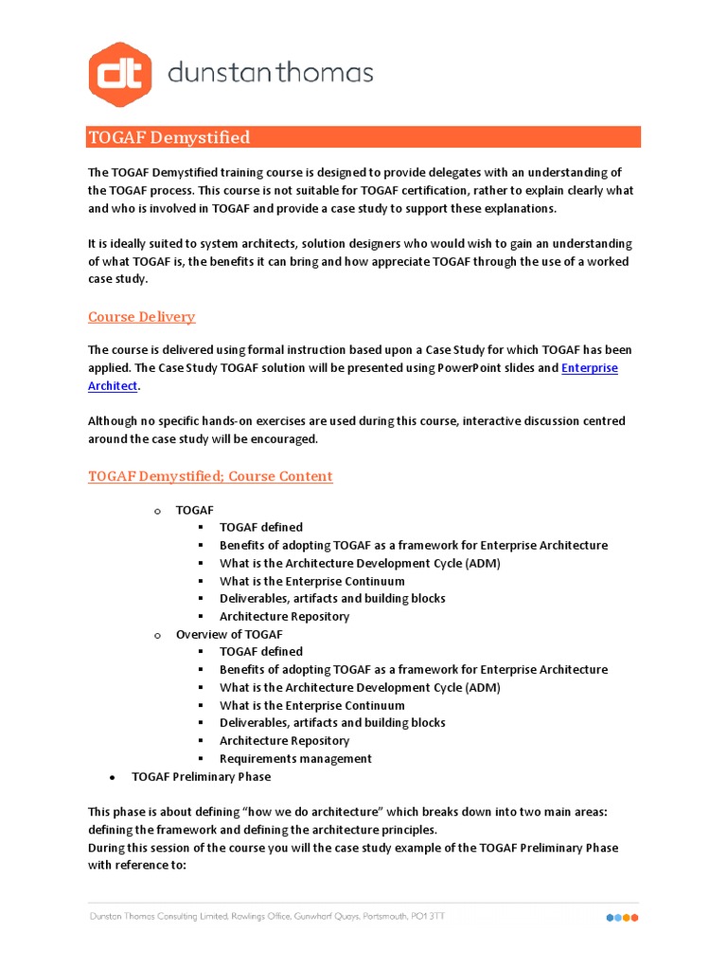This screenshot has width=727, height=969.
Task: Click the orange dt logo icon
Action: point(120,74)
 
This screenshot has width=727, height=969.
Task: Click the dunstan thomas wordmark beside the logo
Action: point(271,73)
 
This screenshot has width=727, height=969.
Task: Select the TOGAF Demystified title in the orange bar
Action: point(169,137)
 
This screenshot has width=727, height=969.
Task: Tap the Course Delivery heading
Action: point(142,316)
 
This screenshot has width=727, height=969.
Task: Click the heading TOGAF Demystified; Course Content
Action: point(210,476)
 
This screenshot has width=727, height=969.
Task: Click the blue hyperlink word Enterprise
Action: point(590,367)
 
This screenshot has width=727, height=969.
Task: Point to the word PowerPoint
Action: point(470,367)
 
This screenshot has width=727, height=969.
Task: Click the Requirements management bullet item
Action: point(295,759)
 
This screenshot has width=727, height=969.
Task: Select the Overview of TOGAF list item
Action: point(229,634)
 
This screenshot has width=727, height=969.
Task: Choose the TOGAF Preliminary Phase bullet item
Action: point(202,777)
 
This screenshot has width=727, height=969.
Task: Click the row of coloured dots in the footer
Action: point(622,918)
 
